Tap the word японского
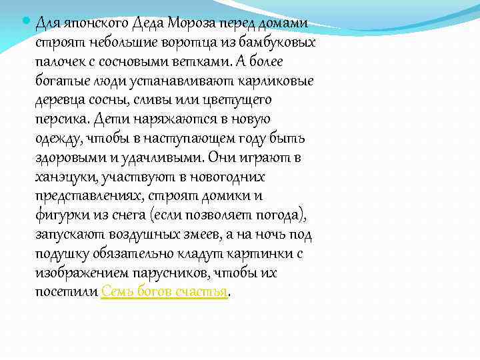(87, 23)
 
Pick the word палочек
(61, 62)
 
